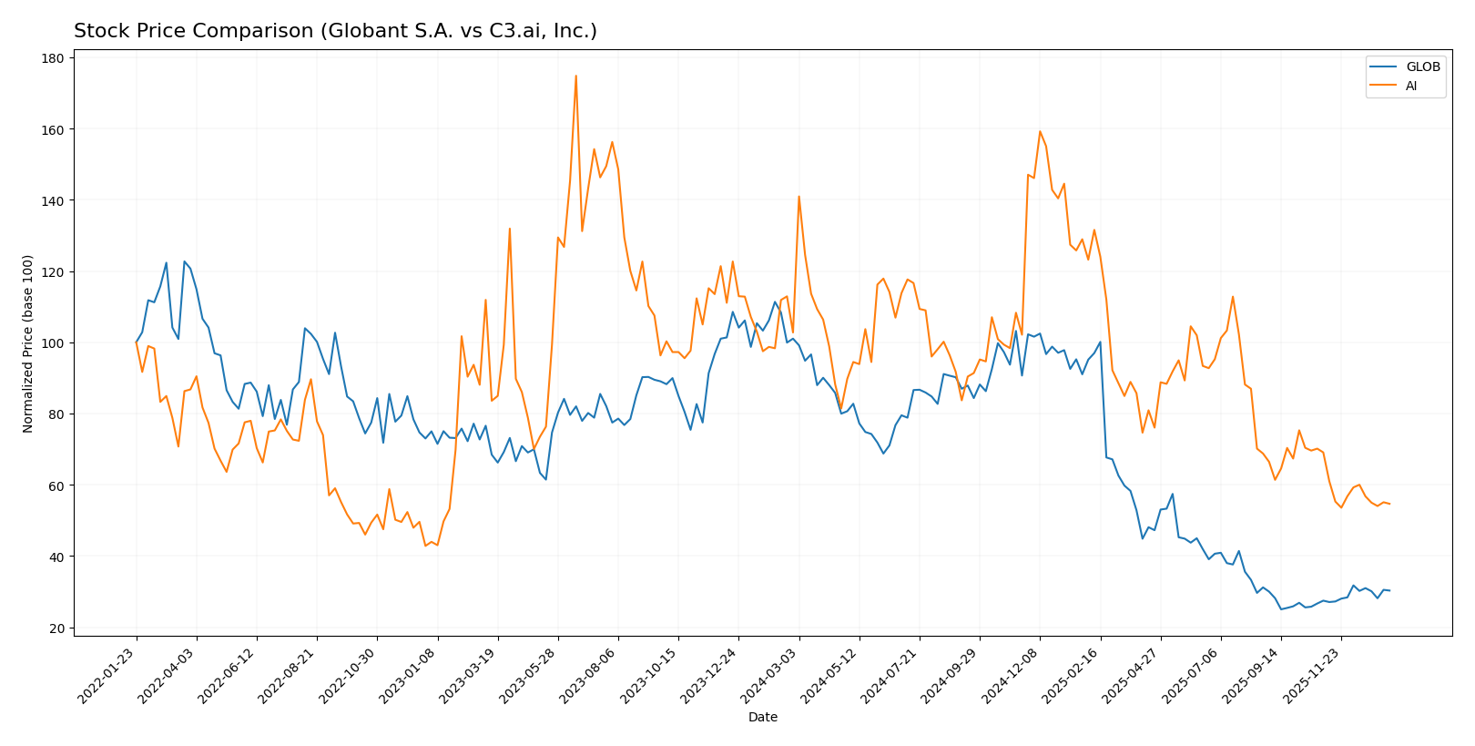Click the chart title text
coord(335,31)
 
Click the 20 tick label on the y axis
coord(57,628)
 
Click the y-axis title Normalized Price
coord(28,343)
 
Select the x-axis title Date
coord(762,717)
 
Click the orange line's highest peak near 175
coord(575,76)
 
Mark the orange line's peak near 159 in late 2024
coord(1040,131)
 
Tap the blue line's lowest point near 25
coord(1281,609)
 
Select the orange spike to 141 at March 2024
coord(799,196)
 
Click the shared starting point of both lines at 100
coord(137,342)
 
